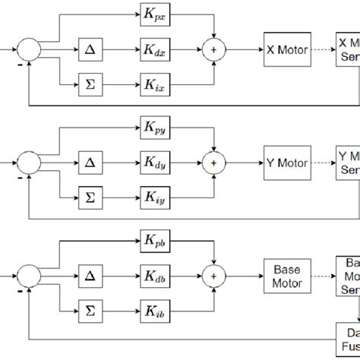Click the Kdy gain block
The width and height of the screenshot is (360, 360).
point(156,163)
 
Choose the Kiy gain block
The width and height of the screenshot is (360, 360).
point(156,197)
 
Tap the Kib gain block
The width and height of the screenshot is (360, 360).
point(156,311)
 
